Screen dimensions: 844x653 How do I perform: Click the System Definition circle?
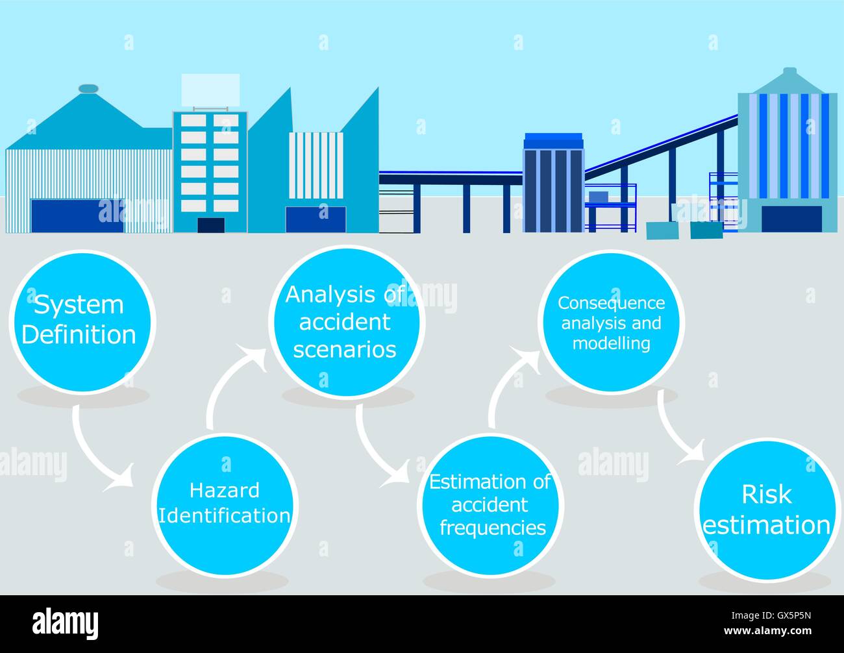(x=82, y=322)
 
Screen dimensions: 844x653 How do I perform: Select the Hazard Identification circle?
(x=225, y=505)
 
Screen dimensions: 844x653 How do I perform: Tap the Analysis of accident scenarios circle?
(x=347, y=322)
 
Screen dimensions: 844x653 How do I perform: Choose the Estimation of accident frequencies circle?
(x=491, y=506)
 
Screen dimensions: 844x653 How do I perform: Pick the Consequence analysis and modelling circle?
(x=611, y=322)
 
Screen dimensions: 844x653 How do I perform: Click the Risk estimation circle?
(x=767, y=510)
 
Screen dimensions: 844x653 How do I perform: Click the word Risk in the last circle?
(x=767, y=495)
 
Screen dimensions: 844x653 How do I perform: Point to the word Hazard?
(x=225, y=490)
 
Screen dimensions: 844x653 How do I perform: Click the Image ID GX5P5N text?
(x=771, y=615)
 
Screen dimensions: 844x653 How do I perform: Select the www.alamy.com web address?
(x=767, y=630)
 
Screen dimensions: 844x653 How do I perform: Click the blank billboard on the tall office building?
(x=210, y=90)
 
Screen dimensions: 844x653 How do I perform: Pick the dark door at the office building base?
(x=211, y=225)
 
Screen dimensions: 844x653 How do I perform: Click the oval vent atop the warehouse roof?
(x=88, y=88)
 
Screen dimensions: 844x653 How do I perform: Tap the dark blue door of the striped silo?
(x=791, y=219)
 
